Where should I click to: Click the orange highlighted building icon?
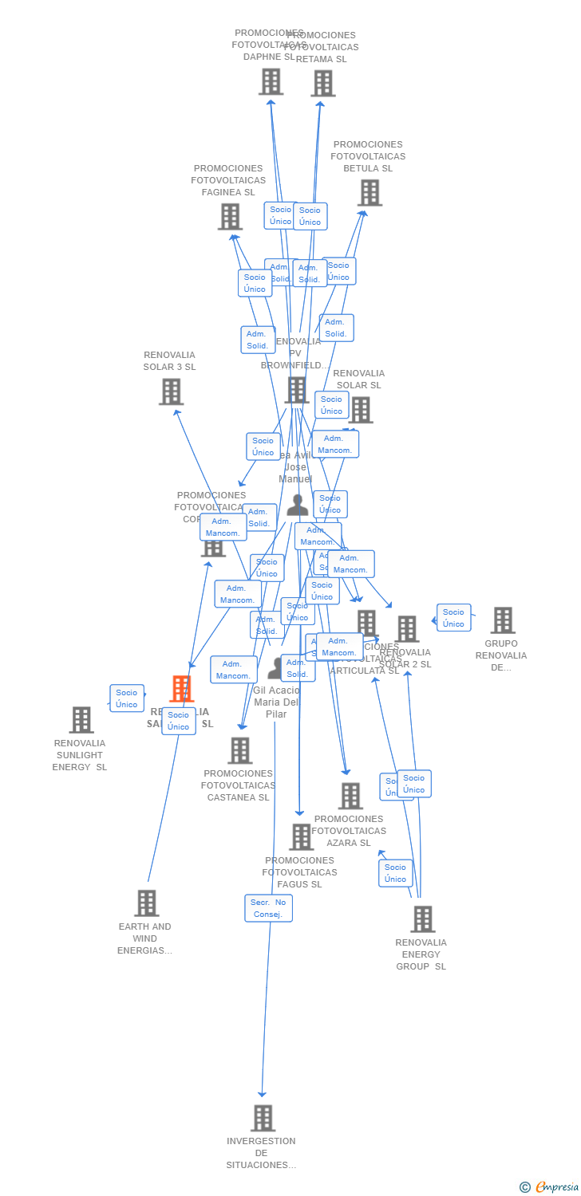(x=182, y=688)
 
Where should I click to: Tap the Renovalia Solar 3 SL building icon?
(x=171, y=391)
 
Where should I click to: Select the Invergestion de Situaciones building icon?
(x=263, y=1118)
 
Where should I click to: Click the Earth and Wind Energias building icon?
(x=146, y=903)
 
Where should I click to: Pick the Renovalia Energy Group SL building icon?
(x=422, y=919)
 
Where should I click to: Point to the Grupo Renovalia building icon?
(x=502, y=620)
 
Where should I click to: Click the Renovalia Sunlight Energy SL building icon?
(x=81, y=719)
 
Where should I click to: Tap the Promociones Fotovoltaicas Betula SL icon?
(x=370, y=192)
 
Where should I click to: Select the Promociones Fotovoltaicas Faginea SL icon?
(x=230, y=216)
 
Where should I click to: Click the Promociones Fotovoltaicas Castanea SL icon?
(x=239, y=750)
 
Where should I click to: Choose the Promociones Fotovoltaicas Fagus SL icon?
(x=301, y=836)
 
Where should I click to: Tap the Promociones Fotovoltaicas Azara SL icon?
(x=350, y=795)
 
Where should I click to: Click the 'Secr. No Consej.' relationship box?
(x=268, y=908)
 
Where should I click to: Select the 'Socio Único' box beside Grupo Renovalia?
(x=453, y=618)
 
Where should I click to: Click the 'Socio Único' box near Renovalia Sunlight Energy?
(x=127, y=698)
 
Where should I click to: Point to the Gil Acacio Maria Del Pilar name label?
(x=276, y=702)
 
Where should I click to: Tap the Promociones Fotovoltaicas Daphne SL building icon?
(x=271, y=81)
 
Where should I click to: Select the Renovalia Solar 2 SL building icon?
(x=407, y=628)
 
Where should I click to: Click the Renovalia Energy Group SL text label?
(x=421, y=954)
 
